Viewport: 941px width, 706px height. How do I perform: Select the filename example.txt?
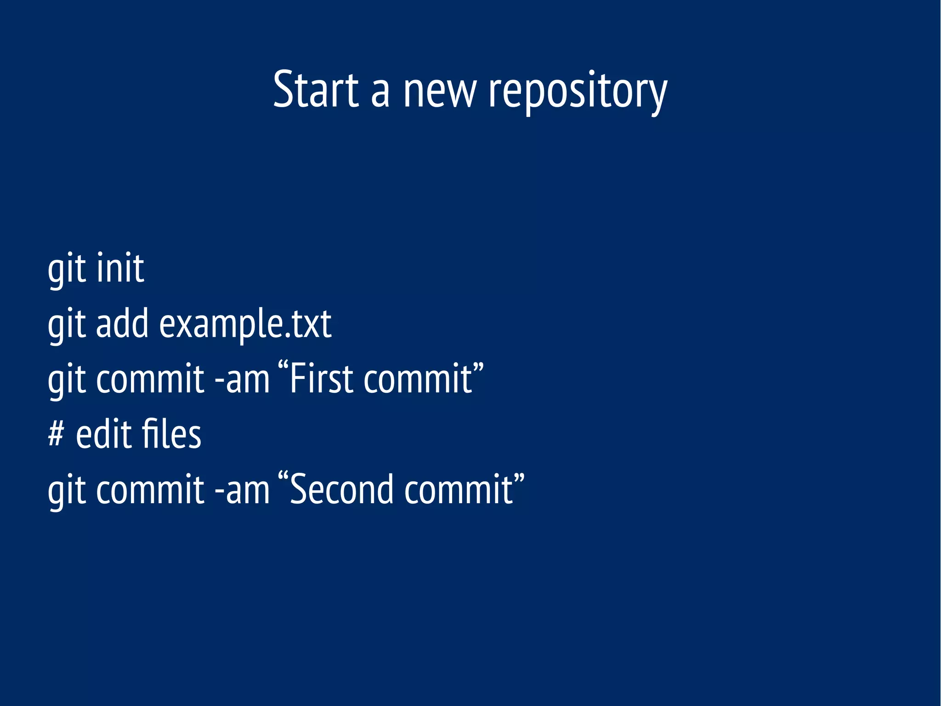pos(245,325)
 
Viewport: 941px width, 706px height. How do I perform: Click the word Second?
pos(342,489)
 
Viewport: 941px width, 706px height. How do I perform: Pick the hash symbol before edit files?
pos(56,434)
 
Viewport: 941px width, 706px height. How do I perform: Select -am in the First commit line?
pos(242,379)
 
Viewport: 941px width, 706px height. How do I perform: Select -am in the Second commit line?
pos(242,490)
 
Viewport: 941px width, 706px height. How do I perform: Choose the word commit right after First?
pos(418,379)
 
